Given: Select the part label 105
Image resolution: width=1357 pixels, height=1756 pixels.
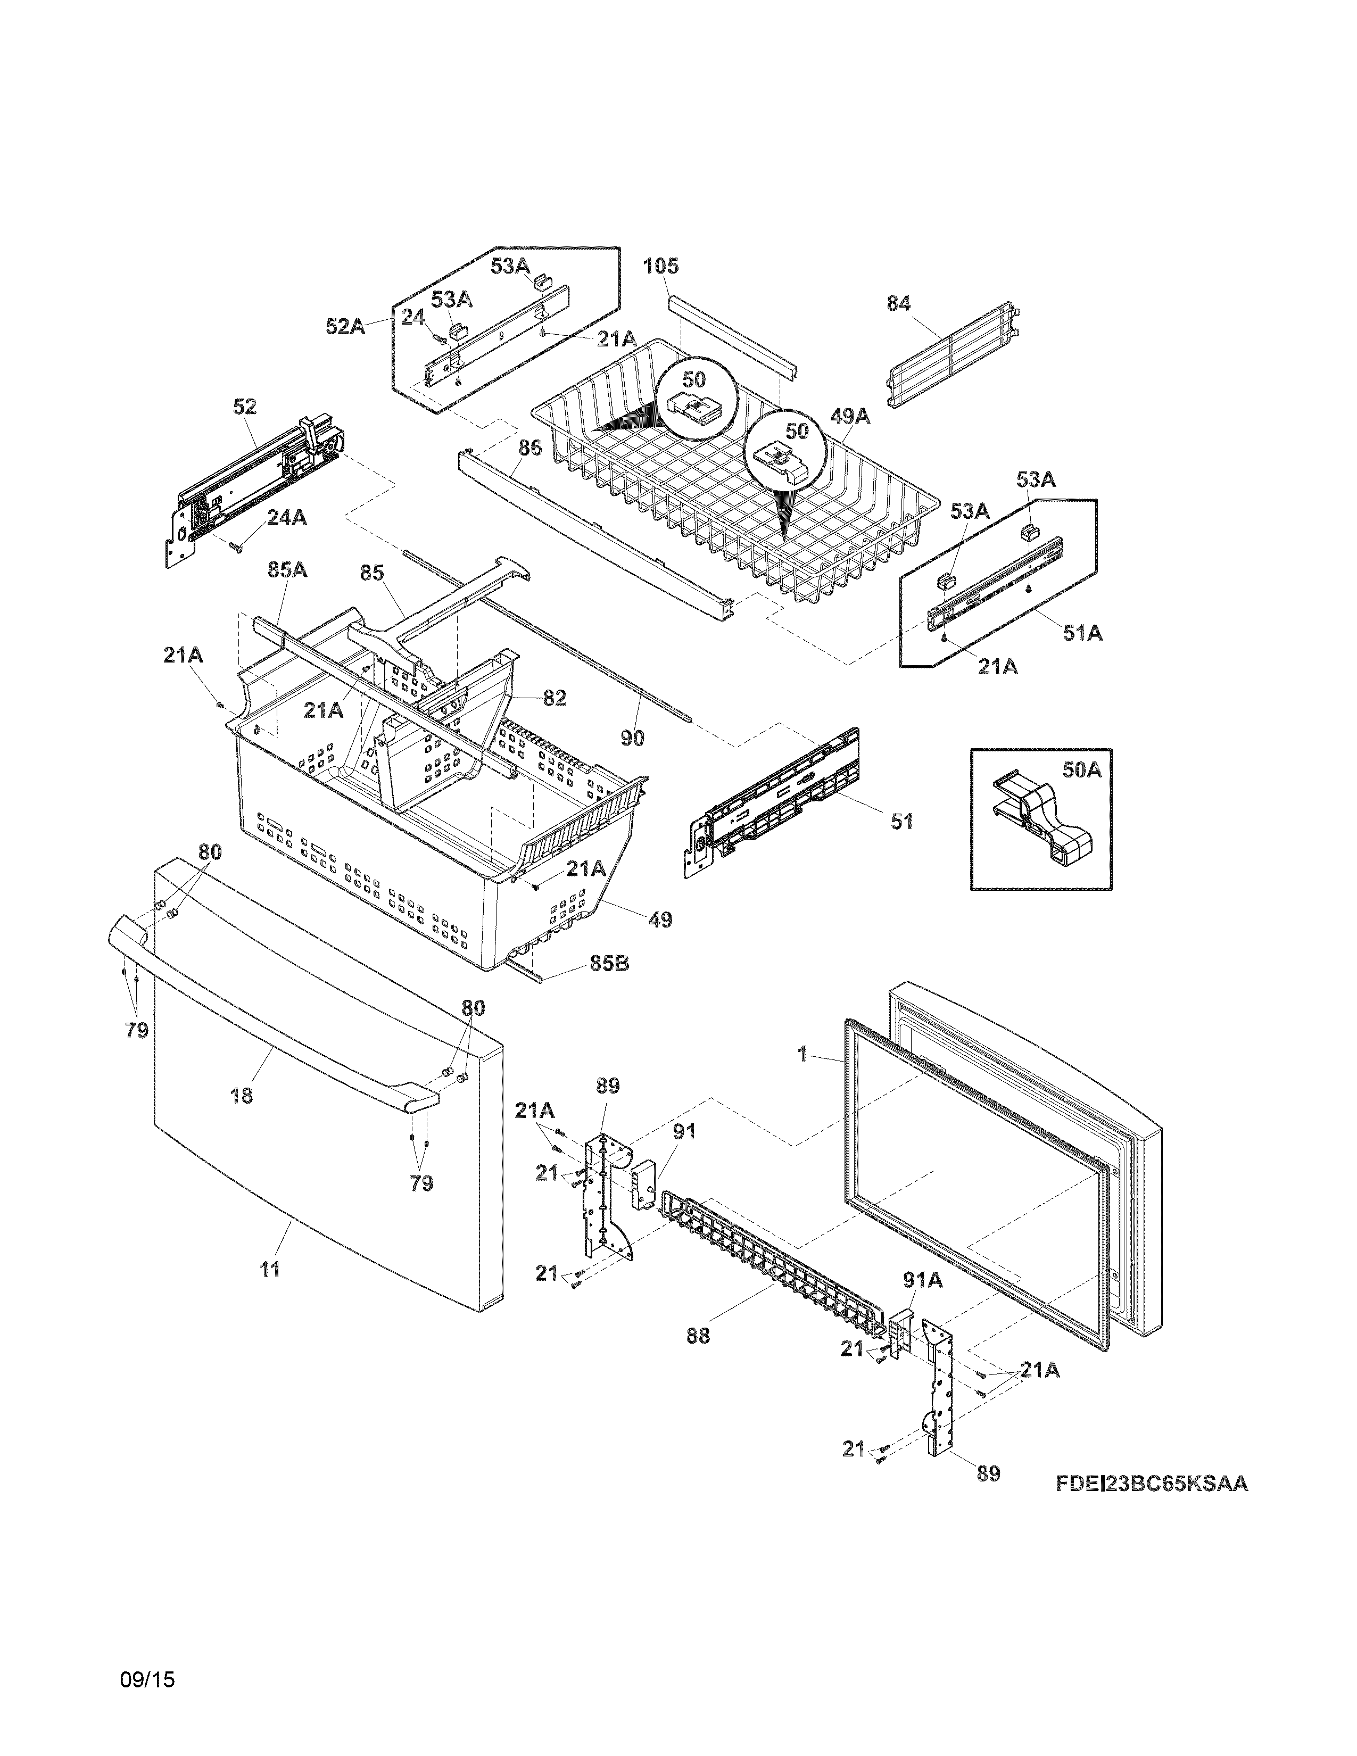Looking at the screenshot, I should [661, 266].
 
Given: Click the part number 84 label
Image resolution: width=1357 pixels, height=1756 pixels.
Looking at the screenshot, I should [898, 303].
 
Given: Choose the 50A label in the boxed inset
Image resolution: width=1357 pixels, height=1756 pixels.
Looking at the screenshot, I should [1081, 769].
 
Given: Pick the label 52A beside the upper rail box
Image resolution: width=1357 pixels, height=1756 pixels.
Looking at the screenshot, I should [345, 326].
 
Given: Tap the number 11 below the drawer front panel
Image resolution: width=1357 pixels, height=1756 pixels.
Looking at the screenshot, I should [270, 1270].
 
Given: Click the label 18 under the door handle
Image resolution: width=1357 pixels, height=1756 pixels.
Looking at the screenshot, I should [241, 1095].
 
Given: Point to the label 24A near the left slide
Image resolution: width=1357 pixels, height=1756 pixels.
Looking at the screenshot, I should [286, 518].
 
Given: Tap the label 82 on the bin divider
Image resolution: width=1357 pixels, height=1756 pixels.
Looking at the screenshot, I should [554, 698].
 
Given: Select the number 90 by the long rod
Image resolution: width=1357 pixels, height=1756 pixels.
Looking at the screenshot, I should [632, 738].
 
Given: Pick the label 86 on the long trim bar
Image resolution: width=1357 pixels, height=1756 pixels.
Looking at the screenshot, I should [530, 448].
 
